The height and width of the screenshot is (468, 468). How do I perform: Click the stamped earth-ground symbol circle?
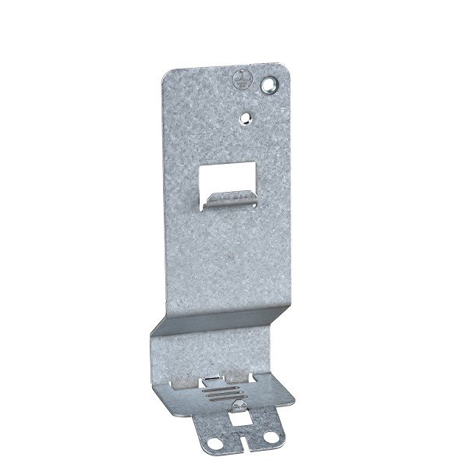[240, 78]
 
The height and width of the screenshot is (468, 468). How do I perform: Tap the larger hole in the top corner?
[271, 83]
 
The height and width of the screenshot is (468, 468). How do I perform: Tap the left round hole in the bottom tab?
[207, 445]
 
